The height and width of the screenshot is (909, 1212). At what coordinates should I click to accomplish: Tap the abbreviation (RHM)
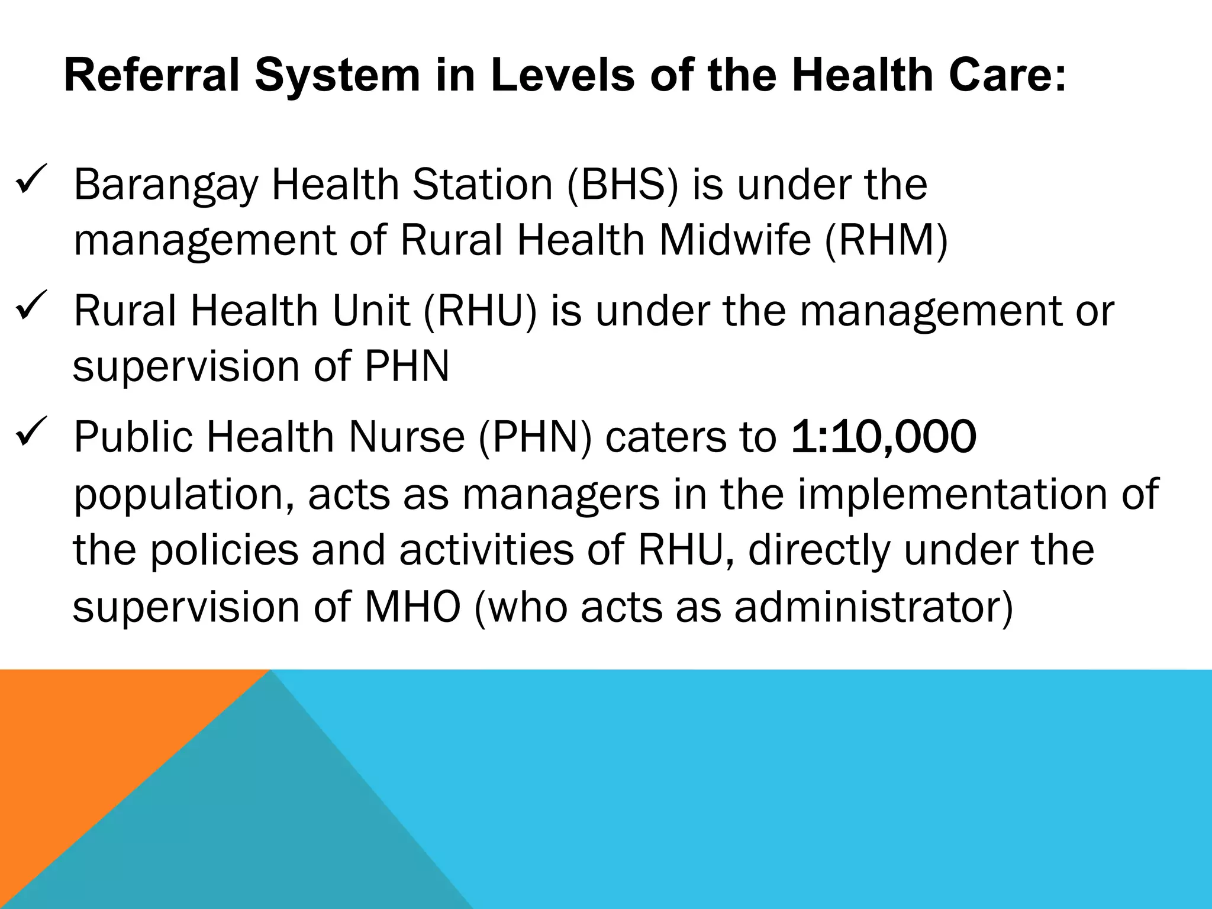point(886,240)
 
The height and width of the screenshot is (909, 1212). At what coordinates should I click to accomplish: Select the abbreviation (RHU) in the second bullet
point(480,311)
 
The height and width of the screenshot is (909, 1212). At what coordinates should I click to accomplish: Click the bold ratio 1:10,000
point(883,437)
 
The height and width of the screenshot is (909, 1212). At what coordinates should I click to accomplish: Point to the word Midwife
point(734,240)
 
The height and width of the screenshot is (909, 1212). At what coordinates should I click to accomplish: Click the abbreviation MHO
point(412,607)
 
